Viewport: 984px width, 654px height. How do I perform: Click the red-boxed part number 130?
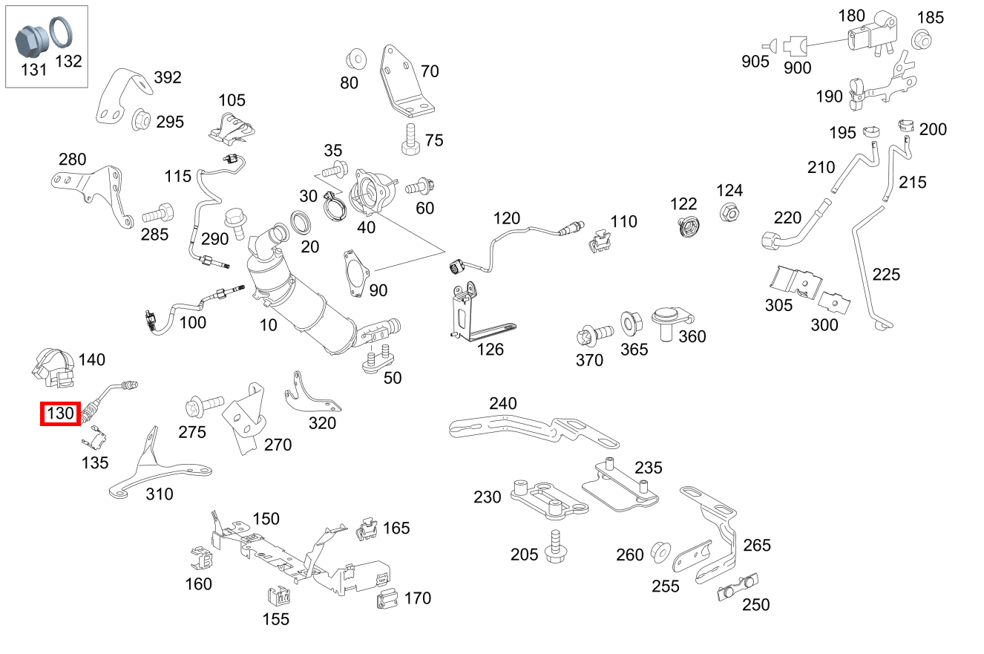60,413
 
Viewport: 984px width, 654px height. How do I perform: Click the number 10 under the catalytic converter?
268,324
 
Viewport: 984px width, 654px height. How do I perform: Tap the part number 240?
502,403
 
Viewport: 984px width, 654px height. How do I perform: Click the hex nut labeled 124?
729,213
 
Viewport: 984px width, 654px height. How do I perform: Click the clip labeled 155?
277,597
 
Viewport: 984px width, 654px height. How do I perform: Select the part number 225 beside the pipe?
886,275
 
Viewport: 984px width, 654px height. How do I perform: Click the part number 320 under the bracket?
322,423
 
